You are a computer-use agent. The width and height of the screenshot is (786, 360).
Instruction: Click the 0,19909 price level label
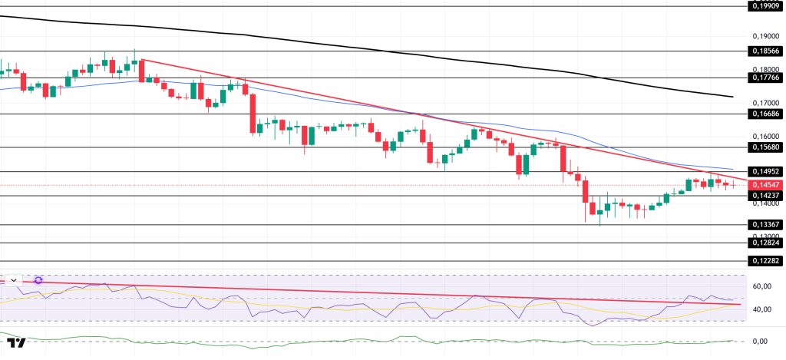click(x=765, y=6)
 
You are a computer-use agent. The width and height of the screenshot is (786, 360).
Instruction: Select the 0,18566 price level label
click(x=765, y=51)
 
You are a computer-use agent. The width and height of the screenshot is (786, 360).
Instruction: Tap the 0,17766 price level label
click(x=765, y=78)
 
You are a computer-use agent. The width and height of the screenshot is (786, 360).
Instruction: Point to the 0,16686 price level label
click(x=765, y=114)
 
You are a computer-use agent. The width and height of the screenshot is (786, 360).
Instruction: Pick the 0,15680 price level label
click(x=765, y=147)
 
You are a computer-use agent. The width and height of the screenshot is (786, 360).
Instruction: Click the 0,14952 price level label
click(x=765, y=171)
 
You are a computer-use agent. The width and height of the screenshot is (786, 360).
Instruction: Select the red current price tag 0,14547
click(x=765, y=185)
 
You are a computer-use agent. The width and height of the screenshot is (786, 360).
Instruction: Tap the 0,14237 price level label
click(x=765, y=195)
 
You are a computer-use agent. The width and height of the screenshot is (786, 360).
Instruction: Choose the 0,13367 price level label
click(x=765, y=225)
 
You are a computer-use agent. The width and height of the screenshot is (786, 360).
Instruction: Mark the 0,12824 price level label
click(x=765, y=243)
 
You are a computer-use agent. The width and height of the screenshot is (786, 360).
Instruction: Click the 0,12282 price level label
click(x=765, y=261)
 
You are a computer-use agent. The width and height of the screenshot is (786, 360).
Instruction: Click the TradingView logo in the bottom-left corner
click(x=17, y=343)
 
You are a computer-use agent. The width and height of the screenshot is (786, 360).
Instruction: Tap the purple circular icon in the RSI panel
click(x=38, y=281)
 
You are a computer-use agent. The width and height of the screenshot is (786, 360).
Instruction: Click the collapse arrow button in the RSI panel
click(x=13, y=281)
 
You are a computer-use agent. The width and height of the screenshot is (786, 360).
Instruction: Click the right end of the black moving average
click(x=733, y=97)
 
